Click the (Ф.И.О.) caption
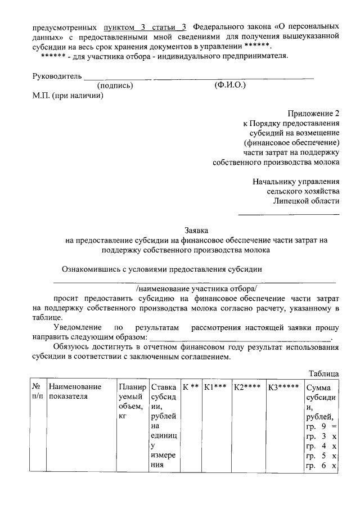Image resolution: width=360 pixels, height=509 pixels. [230, 85]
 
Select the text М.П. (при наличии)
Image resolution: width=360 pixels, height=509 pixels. [67, 96]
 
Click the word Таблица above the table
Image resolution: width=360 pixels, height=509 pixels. [324, 373]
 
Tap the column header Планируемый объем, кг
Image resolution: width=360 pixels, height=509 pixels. [132, 401]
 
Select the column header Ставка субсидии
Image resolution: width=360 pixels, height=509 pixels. [164, 426]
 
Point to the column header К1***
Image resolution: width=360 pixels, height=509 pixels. [215, 387]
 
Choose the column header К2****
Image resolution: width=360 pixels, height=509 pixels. [248, 387]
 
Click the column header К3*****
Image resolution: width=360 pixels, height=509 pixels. [283, 387]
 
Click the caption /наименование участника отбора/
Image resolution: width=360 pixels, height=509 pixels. [195, 287]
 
